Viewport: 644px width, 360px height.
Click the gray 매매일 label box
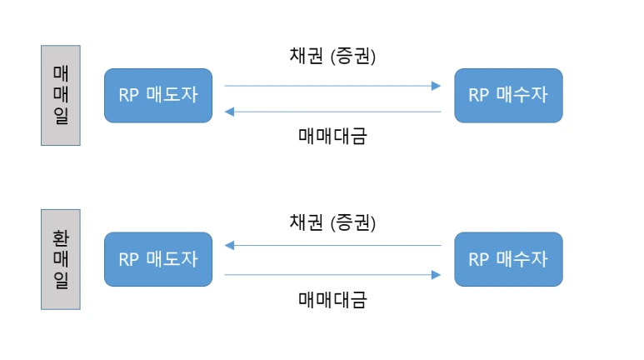point(61,95)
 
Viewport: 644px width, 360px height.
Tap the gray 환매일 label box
point(61,259)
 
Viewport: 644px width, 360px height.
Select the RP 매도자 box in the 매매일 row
point(158,95)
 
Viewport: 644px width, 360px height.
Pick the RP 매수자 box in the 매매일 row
point(508,95)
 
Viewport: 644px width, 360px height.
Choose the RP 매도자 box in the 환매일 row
point(158,259)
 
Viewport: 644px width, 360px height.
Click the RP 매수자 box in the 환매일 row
point(508,259)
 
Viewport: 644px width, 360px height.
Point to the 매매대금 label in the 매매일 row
point(332,135)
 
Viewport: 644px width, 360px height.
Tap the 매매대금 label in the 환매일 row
point(332,299)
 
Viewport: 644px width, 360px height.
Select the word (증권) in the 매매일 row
point(353,57)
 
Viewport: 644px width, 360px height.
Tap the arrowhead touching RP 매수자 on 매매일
point(436,85)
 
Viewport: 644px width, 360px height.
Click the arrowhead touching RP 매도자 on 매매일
point(230,112)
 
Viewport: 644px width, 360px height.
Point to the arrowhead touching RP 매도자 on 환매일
point(230,246)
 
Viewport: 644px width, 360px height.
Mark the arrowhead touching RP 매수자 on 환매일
point(436,273)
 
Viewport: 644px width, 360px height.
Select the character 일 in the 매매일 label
point(61,118)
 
